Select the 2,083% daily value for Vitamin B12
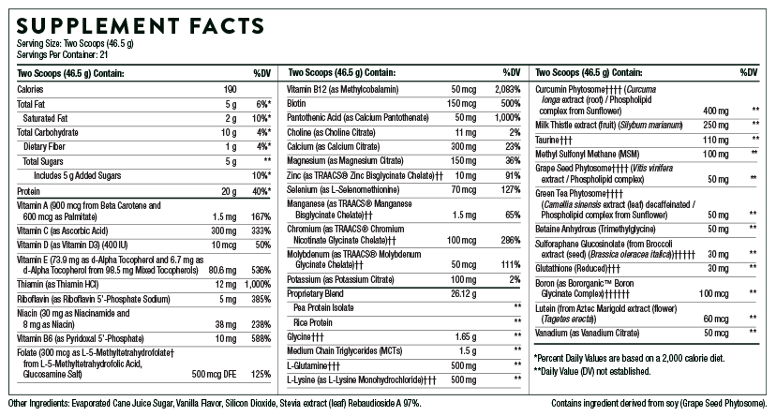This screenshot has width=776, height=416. (505, 88)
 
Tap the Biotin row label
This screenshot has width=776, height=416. (297, 103)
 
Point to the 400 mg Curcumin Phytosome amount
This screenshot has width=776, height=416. (716, 110)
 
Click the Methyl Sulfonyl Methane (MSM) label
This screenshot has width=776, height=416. (589, 153)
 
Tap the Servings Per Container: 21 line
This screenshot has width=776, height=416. (55, 55)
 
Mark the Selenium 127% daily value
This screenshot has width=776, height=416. (507, 189)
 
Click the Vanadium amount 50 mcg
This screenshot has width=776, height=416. (716, 333)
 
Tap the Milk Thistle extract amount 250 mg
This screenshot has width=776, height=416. (716, 125)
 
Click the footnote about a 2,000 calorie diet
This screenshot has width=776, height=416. (630, 358)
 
